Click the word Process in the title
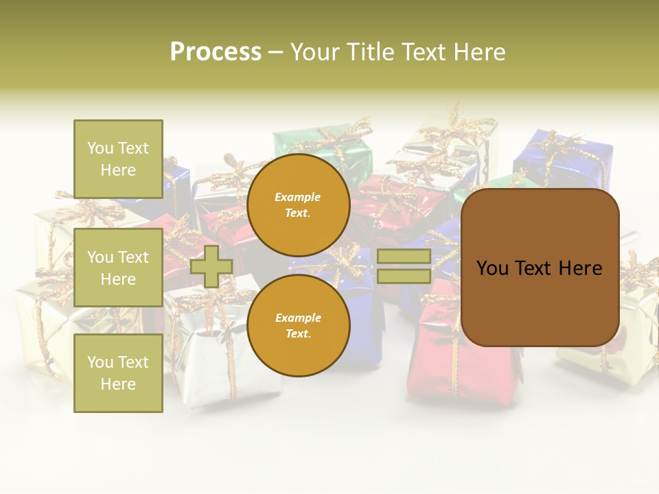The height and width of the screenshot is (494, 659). pos(216,52)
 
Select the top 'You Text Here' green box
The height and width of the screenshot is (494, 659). pos(118,159)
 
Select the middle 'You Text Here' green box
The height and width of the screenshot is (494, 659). pos(118,268)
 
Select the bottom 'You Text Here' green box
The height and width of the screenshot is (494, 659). pos(118,373)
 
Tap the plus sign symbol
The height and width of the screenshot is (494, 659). pos(211,266)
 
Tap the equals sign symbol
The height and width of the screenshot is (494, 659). pos(404,266)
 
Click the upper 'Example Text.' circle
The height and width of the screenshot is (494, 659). pos(299,204)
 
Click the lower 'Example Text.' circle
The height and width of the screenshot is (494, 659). pos(299,325)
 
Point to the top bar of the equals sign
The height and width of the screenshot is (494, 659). pos(404,257)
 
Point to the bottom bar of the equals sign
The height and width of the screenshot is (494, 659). pos(404,276)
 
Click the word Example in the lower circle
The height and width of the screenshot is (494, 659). pos(298,318)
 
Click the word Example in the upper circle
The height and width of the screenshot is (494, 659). pos(298,197)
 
